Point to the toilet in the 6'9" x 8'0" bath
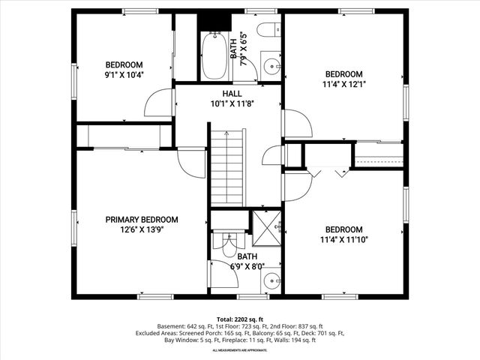225,241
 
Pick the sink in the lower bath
271,281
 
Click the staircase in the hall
227,166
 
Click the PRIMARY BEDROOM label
142,220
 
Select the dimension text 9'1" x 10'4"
124,74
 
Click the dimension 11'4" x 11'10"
343,240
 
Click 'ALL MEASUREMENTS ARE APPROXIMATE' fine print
239,350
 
